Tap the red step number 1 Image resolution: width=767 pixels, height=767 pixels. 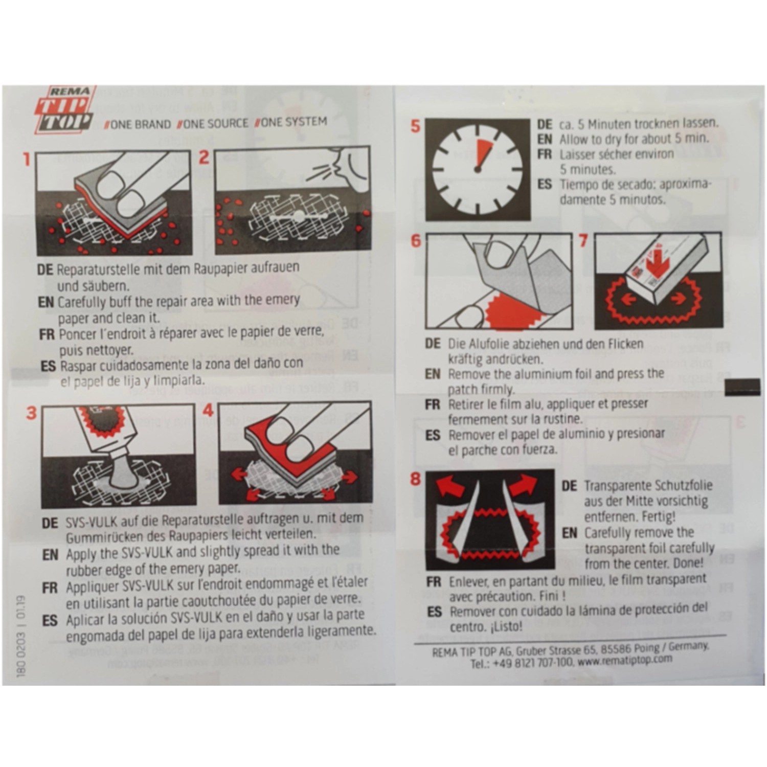(x=27, y=159)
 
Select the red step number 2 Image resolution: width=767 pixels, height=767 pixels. (x=204, y=157)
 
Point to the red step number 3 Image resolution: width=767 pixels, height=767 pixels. (x=31, y=412)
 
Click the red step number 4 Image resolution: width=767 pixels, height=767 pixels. (x=208, y=410)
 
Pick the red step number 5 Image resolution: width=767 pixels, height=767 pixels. (x=415, y=126)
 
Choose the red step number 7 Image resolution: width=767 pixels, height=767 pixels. (x=583, y=240)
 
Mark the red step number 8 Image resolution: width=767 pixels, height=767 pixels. (x=415, y=479)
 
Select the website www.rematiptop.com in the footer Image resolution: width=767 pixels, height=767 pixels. (x=625, y=661)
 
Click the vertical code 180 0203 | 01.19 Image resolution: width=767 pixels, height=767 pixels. (x=21, y=636)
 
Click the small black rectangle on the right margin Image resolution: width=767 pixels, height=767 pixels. (x=742, y=387)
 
